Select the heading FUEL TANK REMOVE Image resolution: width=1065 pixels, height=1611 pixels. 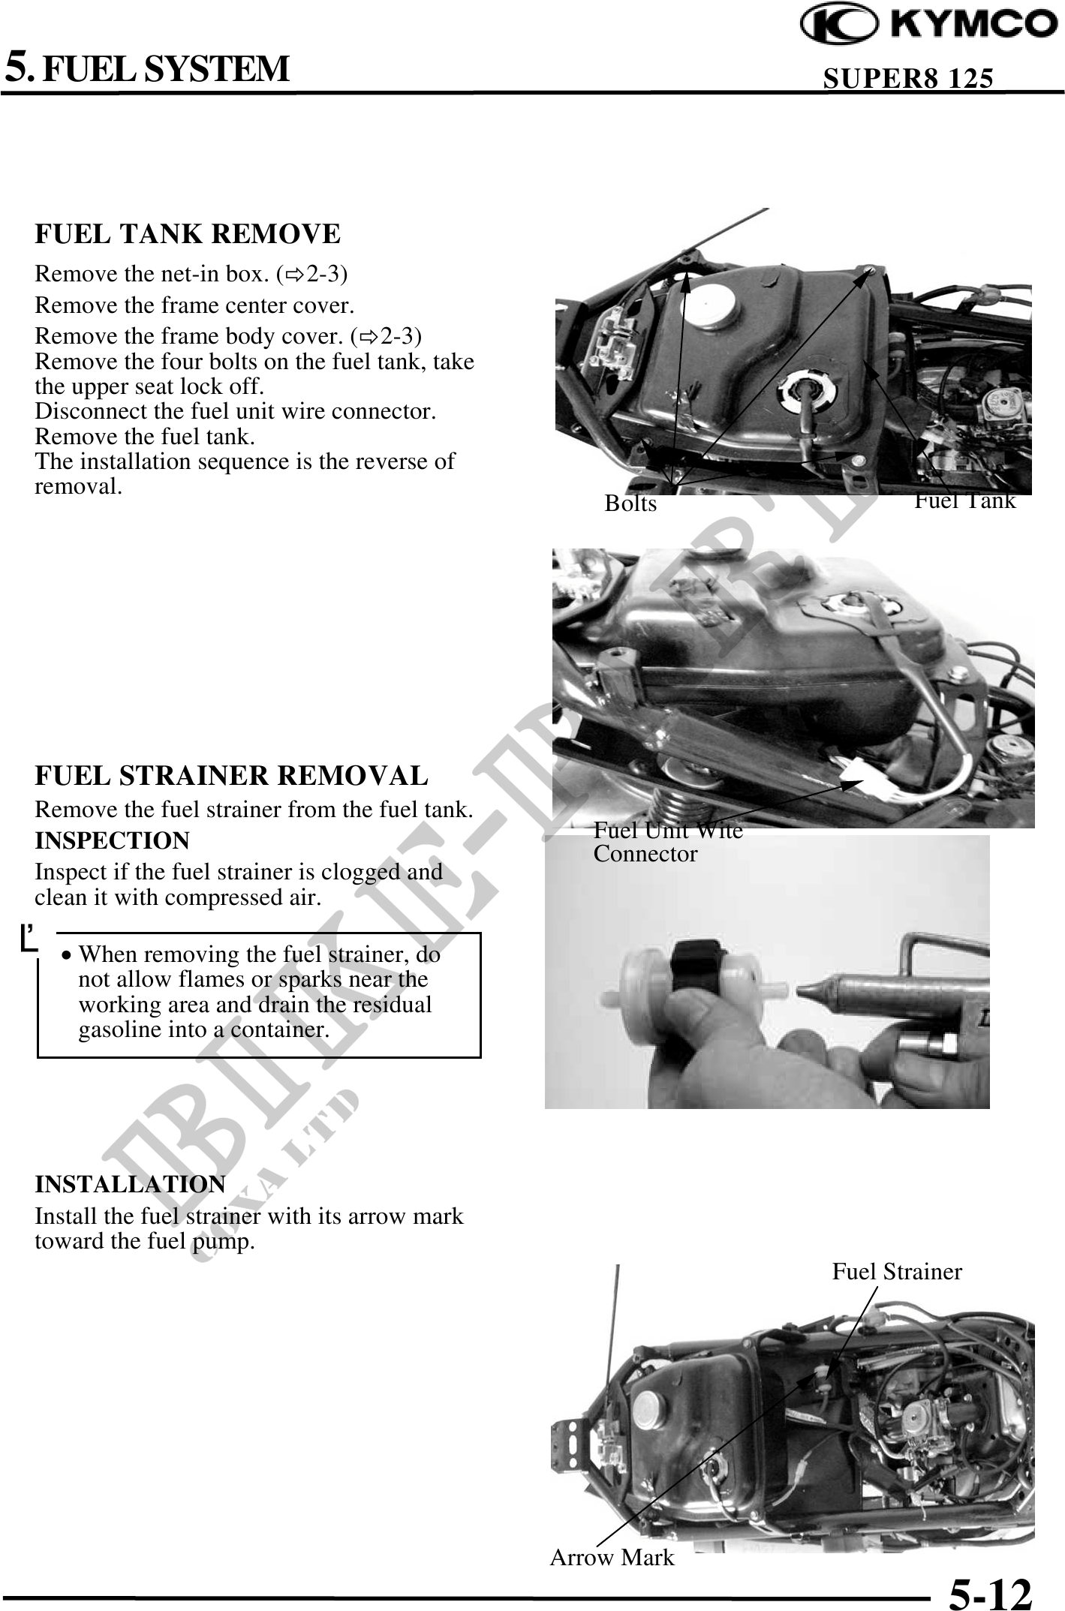188,234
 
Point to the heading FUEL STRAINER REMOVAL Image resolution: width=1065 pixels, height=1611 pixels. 231,775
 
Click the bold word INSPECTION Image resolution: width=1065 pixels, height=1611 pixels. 113,840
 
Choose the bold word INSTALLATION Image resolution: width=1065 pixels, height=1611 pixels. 130,1184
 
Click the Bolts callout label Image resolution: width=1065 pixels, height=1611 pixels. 630,503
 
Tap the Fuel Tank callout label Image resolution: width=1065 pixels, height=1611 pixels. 964,500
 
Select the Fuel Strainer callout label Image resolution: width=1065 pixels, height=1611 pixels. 897,1271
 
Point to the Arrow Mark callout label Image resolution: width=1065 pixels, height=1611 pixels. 612,1558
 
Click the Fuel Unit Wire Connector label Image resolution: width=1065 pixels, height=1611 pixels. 668,842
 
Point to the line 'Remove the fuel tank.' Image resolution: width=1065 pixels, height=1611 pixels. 145,436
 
